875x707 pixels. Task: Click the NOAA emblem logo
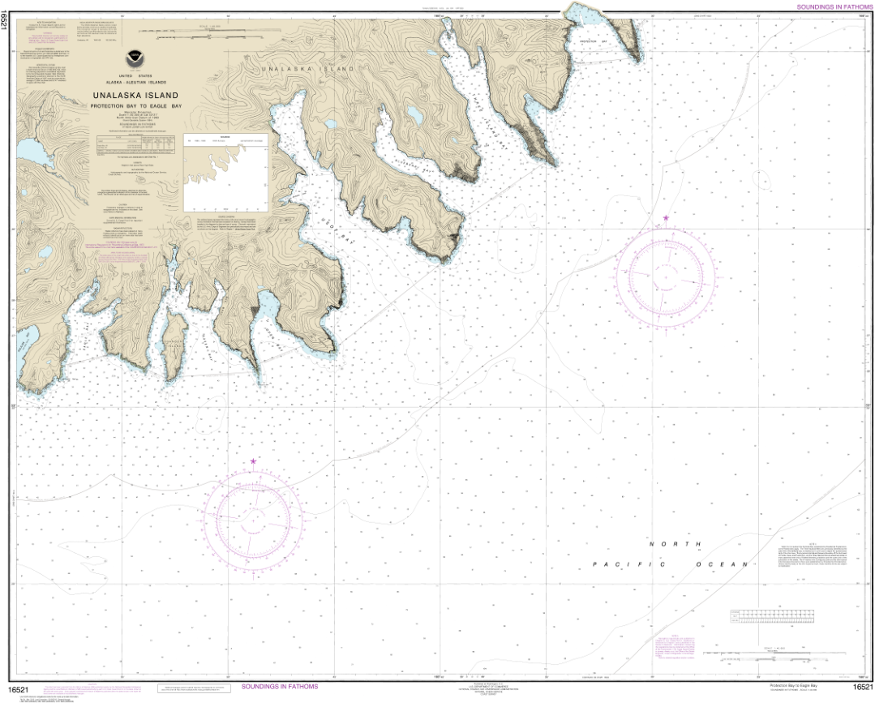(133, 58)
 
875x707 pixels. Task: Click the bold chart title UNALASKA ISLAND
(135, 96)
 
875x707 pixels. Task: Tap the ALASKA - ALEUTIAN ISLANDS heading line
(135, 84)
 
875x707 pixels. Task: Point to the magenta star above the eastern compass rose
(666, 218)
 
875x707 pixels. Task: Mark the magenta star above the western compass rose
(253, 461)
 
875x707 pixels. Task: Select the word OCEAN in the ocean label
(720, 563)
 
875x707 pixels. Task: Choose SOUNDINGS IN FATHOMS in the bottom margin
(280, 687)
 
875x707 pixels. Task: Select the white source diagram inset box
(226, 173)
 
